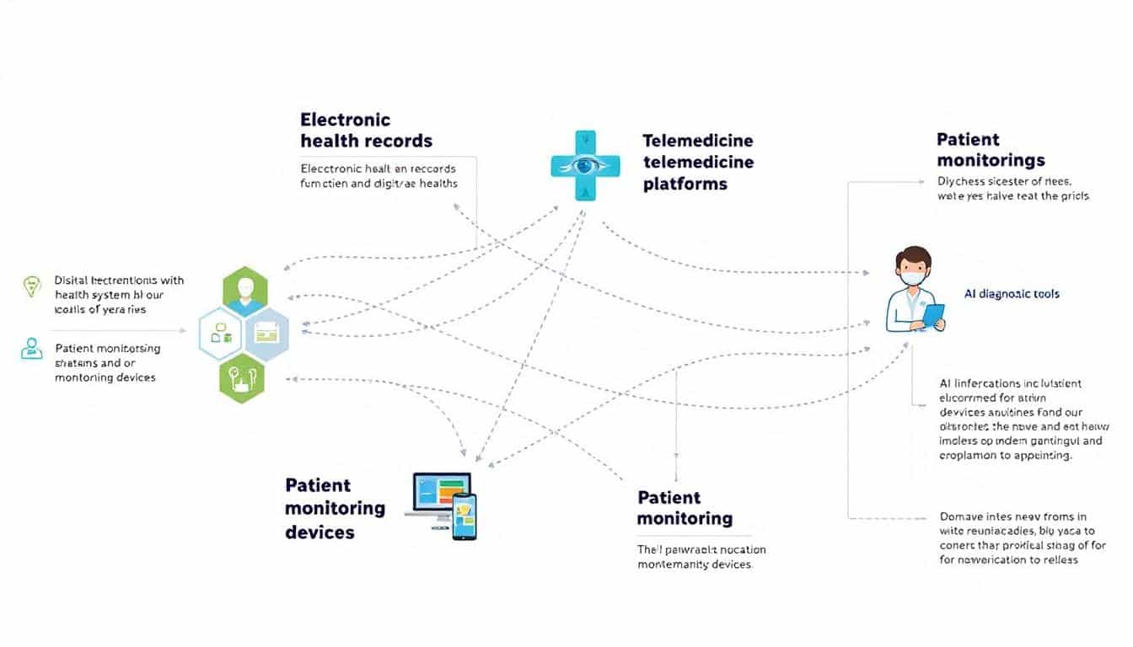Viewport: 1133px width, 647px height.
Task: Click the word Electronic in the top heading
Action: [x=345, y=120]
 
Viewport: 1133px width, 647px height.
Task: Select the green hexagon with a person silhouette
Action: [x=245, y=291]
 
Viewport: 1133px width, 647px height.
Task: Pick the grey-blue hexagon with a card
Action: [x=267, y=334]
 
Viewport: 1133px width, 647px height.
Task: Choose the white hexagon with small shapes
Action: [x=222, y=334]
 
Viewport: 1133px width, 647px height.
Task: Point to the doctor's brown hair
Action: [x=913, y=255]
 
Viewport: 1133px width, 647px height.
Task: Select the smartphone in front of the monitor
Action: [x=464, y=516]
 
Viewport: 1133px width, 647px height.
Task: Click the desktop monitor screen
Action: [x=441, y=491]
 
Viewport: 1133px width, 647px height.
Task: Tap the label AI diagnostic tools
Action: [x=1012, y=294]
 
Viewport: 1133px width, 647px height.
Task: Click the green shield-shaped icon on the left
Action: [x=30, y=286]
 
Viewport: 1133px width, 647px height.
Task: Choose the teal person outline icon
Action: [x=31, y=348]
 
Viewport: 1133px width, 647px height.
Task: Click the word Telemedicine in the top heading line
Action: [x=697, y=141]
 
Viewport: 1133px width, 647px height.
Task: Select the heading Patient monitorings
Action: [x=990, y=150]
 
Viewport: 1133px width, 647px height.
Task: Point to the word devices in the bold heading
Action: [x=319, y=532]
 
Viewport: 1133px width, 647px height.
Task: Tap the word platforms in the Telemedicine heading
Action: [x=685, y=184]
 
